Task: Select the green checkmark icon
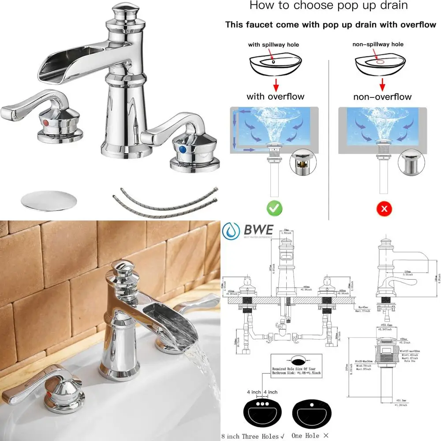(x=274, y=207)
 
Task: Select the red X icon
(x=384, y=208)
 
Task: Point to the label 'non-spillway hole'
(x=378, y=44)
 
